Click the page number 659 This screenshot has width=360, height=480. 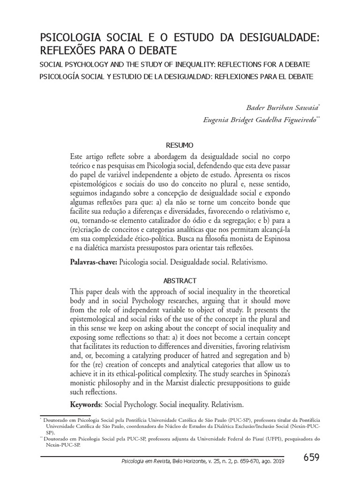click(311, 457)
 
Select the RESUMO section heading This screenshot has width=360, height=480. click(180, 146)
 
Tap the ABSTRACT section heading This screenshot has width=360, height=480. click(180, 280)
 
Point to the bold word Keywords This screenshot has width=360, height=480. click(86, 404)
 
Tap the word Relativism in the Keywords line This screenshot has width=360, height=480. click(228, 404)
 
